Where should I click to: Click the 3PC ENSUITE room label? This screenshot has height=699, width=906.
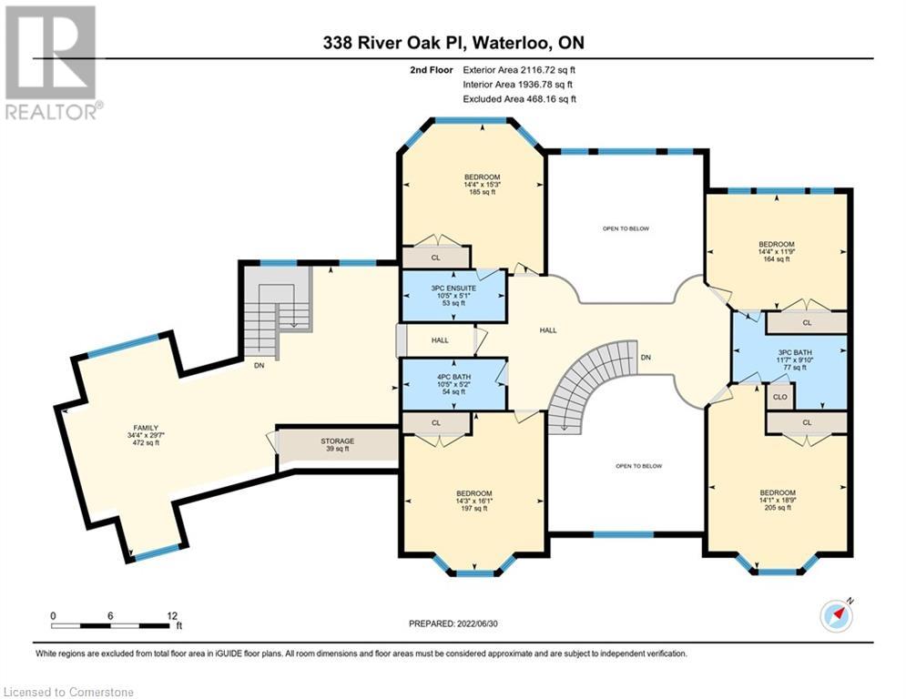[453, 288]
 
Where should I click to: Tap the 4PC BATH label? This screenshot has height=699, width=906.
[453, 377]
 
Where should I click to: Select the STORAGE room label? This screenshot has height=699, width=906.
[338, 441]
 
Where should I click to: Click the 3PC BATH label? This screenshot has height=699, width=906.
[795, 352]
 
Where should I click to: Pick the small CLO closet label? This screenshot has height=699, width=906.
[780, 397]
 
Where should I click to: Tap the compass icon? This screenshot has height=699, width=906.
[837, 616]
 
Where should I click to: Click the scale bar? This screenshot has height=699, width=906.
[110, 625]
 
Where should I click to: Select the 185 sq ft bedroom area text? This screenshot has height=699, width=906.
[482, 192]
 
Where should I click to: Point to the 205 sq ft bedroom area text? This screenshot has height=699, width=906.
[777, 507]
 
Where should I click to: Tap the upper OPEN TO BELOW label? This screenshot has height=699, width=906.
[626, 228]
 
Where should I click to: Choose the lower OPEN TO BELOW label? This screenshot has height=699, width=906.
[638, 466]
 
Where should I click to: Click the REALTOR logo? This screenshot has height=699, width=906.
[51, 63]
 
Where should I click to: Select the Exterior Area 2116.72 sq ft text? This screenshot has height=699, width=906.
[519, 70]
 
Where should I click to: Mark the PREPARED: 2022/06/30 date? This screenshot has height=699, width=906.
[453, 623]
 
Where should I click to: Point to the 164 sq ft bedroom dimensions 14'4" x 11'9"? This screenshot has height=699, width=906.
[777, 252]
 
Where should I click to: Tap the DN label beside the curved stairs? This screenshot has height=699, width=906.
[646, 358]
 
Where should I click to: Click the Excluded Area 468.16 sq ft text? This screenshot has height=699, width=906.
[519, 99]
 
